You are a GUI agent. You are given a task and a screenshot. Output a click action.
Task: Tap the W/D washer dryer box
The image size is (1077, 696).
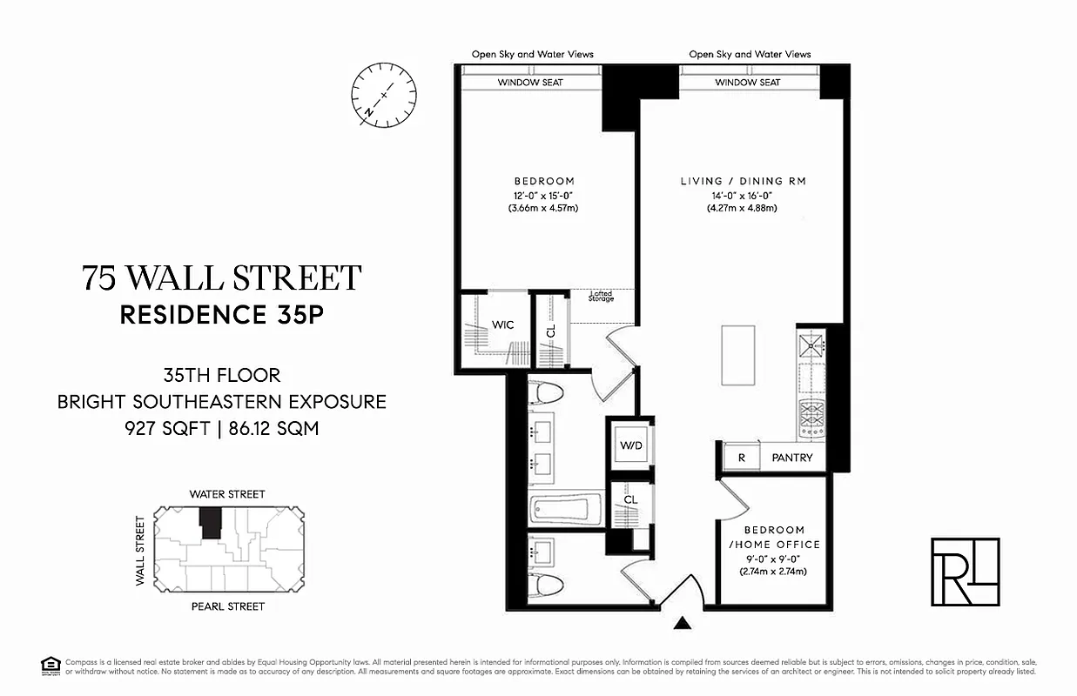[631, 445]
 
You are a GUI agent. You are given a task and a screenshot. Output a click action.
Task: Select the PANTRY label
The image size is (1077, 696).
[791, 458]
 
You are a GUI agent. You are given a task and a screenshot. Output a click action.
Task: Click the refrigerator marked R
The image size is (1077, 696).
[741, 458]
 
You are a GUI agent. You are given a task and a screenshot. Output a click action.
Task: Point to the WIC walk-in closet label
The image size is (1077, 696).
[503, 325]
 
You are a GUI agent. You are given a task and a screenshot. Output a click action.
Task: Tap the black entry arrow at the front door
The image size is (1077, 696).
[683, 622]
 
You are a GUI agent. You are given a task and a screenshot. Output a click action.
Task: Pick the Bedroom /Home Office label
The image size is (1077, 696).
[774, 537]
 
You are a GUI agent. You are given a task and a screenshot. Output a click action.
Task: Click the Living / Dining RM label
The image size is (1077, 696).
[743, 181]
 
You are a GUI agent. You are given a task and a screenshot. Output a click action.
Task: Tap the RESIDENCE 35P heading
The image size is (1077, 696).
[221, 315]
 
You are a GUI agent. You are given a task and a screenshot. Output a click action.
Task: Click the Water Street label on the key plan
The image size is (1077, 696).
[227, 494]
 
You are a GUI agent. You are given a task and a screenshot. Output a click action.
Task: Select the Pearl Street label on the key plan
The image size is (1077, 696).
[227, 606]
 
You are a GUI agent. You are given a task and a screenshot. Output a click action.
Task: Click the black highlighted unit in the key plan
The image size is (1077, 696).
[211, 523]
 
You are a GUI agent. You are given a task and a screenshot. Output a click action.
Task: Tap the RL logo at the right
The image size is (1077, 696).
[965, 572]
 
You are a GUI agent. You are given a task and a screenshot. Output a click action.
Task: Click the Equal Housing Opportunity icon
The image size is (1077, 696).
[49, 666]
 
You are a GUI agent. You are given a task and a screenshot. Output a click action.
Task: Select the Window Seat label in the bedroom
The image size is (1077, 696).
[529, 83]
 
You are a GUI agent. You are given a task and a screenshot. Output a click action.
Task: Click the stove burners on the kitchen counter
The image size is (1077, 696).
[811, 418]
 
